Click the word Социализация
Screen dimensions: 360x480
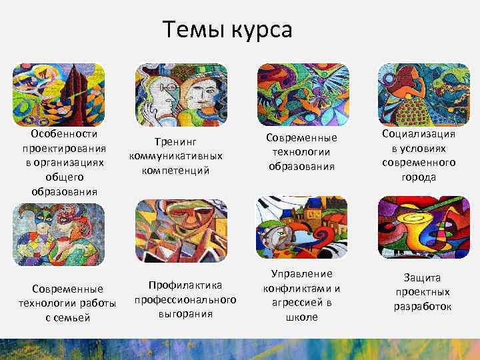[419, 134]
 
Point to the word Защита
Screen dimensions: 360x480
[423, 278]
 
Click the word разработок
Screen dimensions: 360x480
[423, 307]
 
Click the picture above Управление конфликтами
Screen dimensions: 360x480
[302, 227]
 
